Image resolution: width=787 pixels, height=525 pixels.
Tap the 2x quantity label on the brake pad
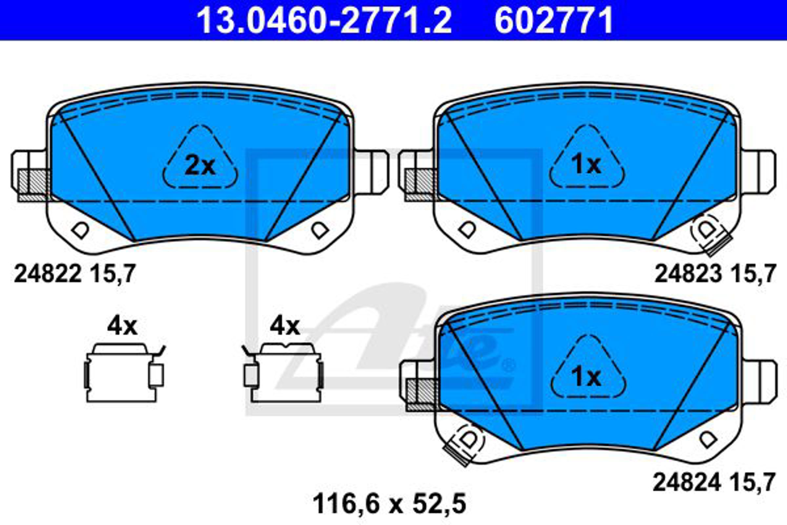click(200, 166)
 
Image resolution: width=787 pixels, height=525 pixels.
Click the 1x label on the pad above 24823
click(586, 165)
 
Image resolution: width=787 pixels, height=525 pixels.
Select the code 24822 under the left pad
click(48, 274)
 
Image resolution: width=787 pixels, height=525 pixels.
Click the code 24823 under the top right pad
click(688, 274)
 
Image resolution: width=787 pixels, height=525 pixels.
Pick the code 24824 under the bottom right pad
click(686, 482)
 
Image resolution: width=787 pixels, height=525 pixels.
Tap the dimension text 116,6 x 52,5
click(389, 504)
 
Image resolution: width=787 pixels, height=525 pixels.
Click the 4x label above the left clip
click(122, 326)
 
